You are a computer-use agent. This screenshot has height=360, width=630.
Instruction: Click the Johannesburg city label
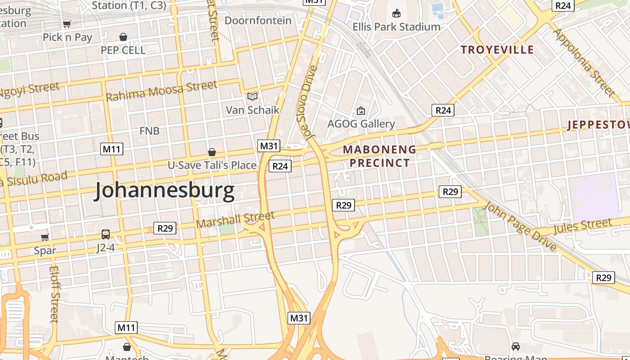pos(164,191)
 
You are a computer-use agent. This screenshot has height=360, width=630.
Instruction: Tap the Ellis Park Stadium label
pos(396,27)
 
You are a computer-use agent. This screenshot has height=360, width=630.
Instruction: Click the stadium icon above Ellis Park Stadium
pos(396,13)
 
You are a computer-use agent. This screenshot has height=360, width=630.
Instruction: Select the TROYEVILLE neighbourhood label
pos(497,49)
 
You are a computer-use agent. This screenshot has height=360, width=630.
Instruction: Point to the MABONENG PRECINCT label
pos(379,156)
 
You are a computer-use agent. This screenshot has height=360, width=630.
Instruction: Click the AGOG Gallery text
pos(361,124)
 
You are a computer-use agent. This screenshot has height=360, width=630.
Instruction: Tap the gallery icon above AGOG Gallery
pos(360,110)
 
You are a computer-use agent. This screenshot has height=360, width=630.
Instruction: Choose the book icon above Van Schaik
pos(252,96)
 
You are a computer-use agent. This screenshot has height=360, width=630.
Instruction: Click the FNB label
pos(149,131)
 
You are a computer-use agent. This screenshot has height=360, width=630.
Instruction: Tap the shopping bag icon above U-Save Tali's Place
pos(211,152)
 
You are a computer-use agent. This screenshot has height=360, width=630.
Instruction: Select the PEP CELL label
pos(123,50)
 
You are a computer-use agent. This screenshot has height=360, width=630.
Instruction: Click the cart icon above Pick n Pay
pos(67,24)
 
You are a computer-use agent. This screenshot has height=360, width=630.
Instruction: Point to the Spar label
pos(45,251)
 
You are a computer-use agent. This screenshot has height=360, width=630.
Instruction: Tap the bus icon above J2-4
pos(106,234)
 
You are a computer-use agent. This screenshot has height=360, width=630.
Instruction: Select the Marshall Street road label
pos(235,219)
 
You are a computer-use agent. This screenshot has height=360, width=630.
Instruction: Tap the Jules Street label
pos(582,226)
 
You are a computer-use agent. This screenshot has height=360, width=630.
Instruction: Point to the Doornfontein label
pos(258,21)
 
